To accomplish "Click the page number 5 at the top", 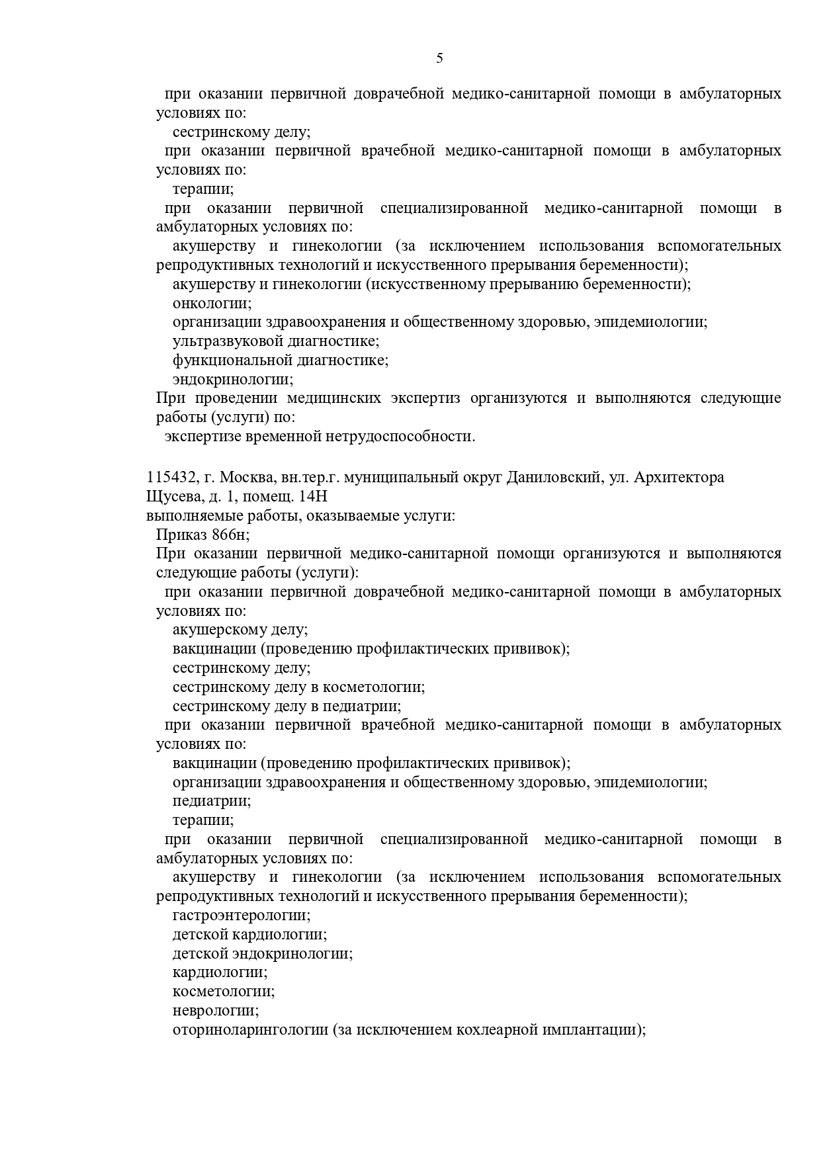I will point(440,58).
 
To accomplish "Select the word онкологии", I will point(212,304).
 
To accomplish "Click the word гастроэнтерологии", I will point(241,916).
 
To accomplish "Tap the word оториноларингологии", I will point(250,1030).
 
